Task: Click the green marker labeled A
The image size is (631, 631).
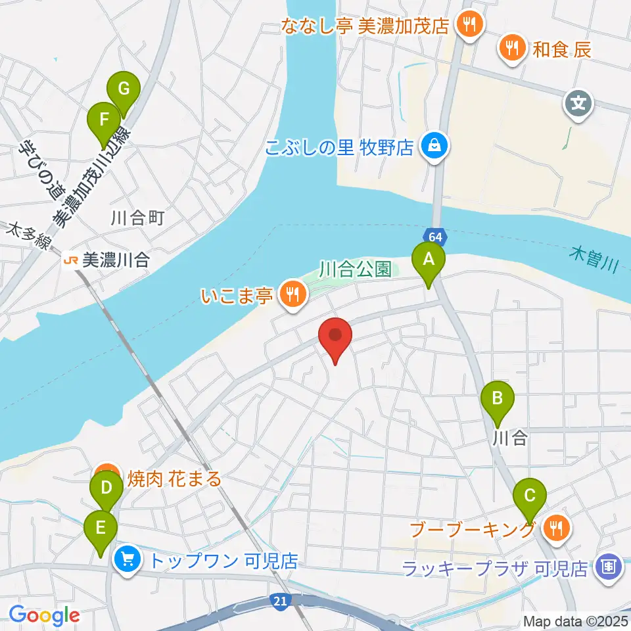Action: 429,260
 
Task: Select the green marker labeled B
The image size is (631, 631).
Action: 498,398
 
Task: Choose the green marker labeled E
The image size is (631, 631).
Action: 101,527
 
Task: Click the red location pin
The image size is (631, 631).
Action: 336,336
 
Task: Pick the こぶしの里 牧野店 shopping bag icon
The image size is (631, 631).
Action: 434,145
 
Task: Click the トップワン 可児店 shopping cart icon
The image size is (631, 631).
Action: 127,560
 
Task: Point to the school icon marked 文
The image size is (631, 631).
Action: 578,103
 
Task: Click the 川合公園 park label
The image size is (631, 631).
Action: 356,269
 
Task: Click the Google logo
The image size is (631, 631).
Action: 44,615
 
